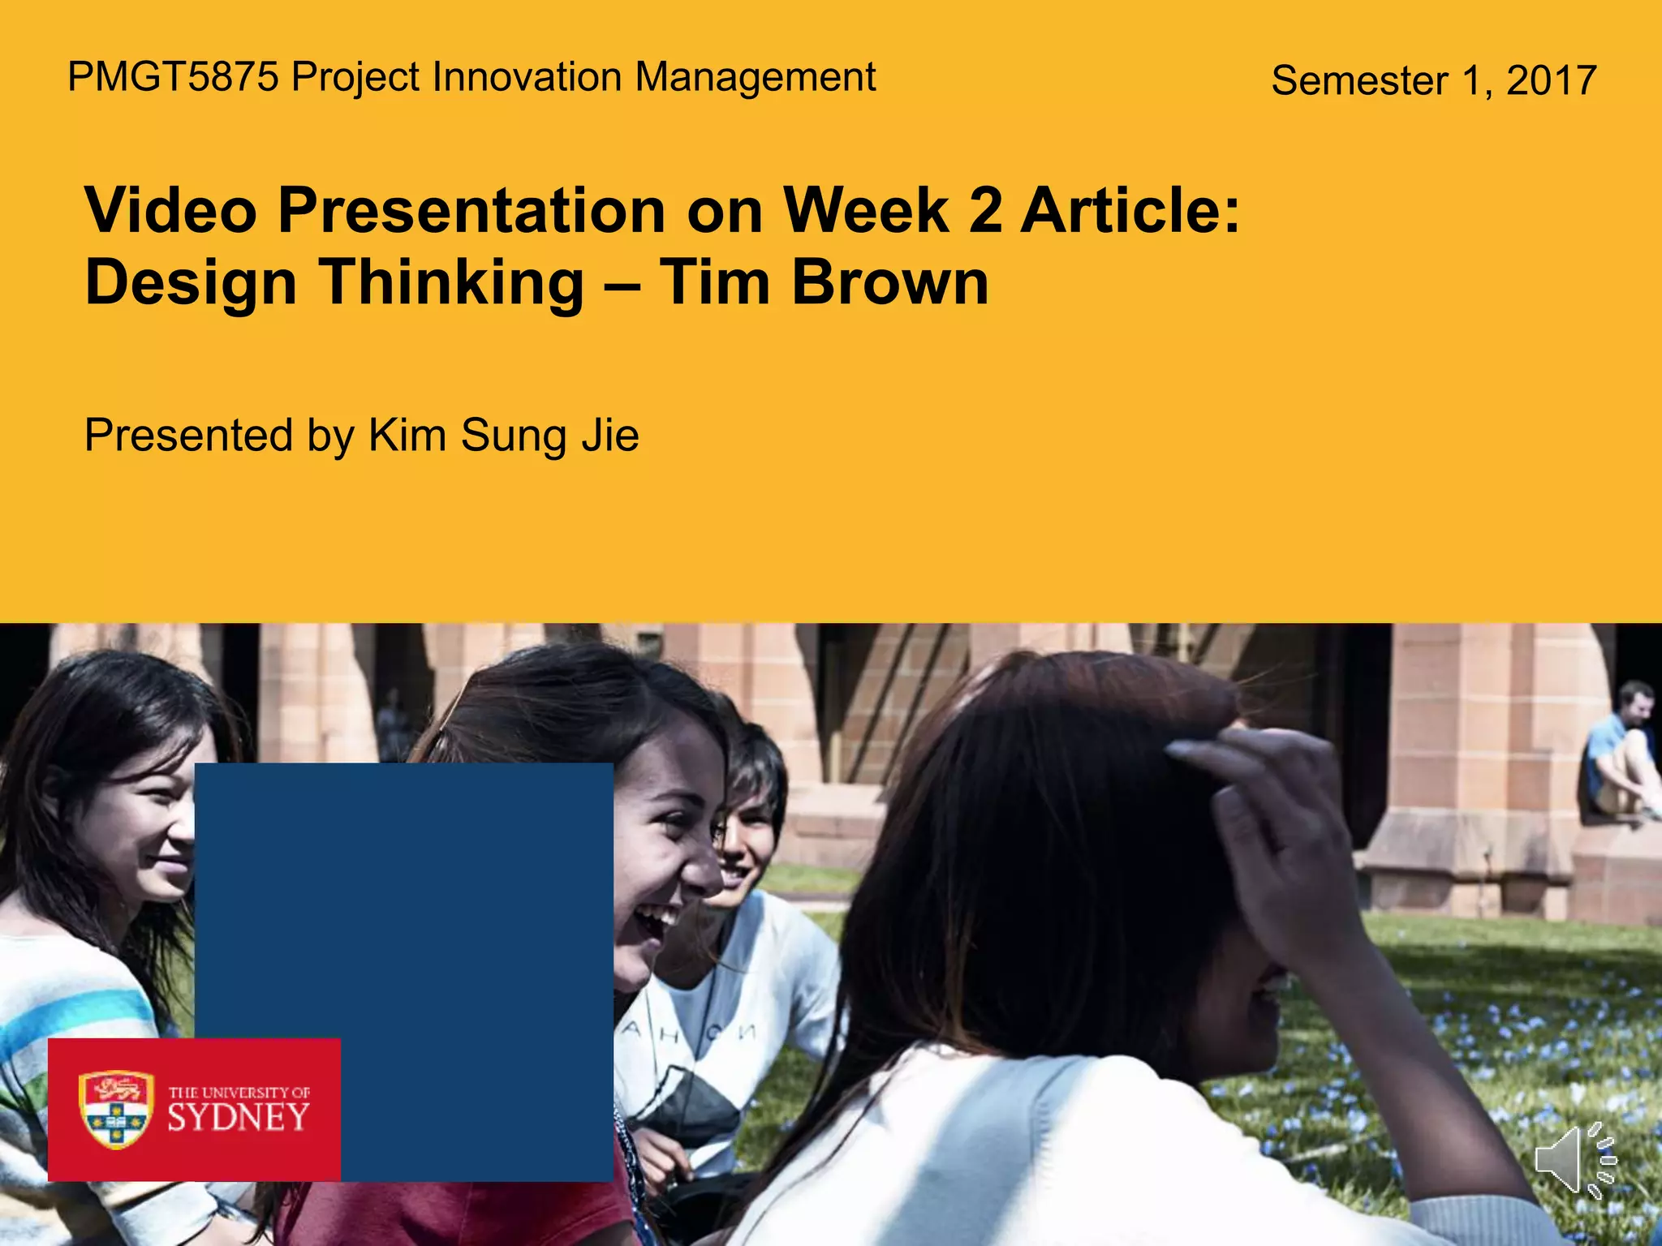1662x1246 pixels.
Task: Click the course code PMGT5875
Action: pos(173,78)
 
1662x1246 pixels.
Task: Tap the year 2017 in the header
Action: pos(1551,81)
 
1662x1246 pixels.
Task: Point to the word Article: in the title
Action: pos(1130,211)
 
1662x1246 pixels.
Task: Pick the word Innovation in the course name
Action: pos(528,78)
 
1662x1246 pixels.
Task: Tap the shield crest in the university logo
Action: pos(116,1109)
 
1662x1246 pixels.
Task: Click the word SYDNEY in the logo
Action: pos(239,1119)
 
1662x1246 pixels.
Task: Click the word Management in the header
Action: pos(755,78)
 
